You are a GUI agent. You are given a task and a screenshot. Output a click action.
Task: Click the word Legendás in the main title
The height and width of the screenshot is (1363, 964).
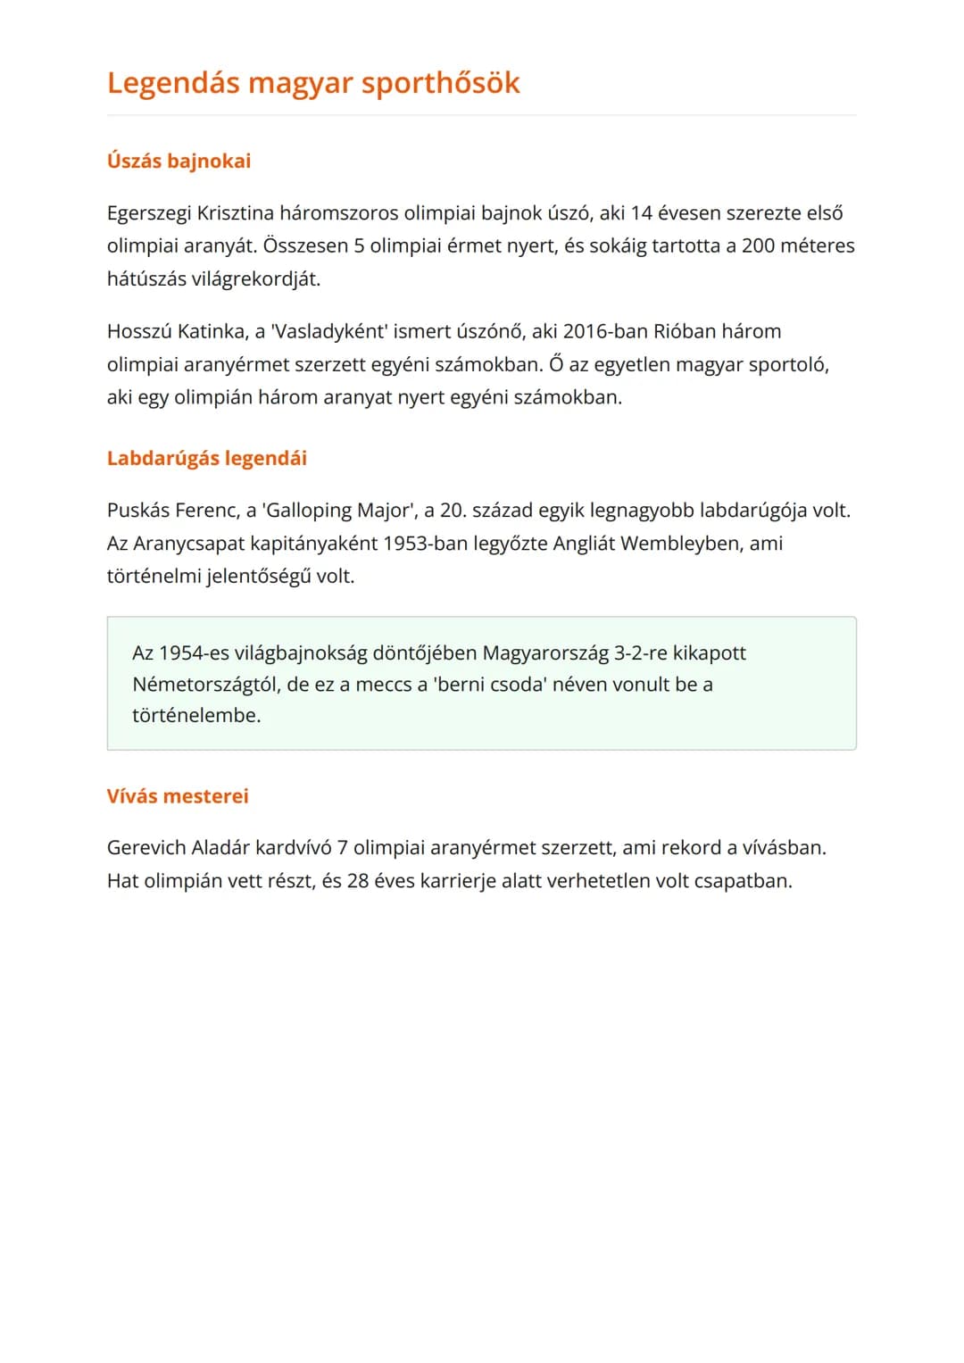click(x=173, y=83)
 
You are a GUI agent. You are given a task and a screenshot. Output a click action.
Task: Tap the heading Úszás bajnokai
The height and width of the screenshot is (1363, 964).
click(x=179, y=162)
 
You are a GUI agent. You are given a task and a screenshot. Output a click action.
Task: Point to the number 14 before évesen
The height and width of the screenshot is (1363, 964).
click(x=641, y=213)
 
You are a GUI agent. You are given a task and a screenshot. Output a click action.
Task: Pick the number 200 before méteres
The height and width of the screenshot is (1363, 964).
click(x=758, y=246)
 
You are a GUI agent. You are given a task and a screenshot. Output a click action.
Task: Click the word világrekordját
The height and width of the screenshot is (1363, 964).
click(x=255, y=279)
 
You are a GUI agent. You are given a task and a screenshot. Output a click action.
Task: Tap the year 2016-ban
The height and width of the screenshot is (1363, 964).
click(x=605, y=332)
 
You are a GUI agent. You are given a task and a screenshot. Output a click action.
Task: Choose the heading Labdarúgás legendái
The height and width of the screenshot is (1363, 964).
click(x=206, y=459)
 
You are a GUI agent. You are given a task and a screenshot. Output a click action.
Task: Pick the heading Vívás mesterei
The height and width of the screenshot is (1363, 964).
click(x=178, y=796)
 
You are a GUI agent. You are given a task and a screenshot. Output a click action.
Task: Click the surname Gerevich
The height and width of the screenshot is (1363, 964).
click(x=146, y=848)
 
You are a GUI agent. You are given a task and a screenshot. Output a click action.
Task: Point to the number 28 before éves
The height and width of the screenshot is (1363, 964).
click(x=358, y=881)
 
